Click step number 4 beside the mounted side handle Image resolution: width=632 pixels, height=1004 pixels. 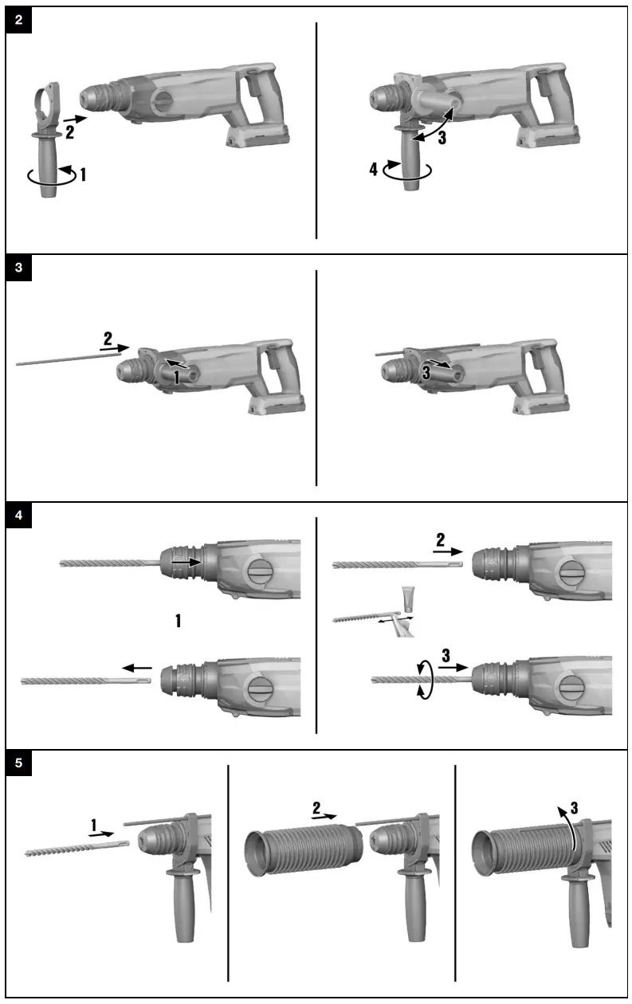pyautogui.click(x=373, y=170)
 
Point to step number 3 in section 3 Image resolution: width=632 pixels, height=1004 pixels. pyautogui.click(x=427, y=371)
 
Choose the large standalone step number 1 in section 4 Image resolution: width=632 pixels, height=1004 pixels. pyautogui.click(x=179, y=620)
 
